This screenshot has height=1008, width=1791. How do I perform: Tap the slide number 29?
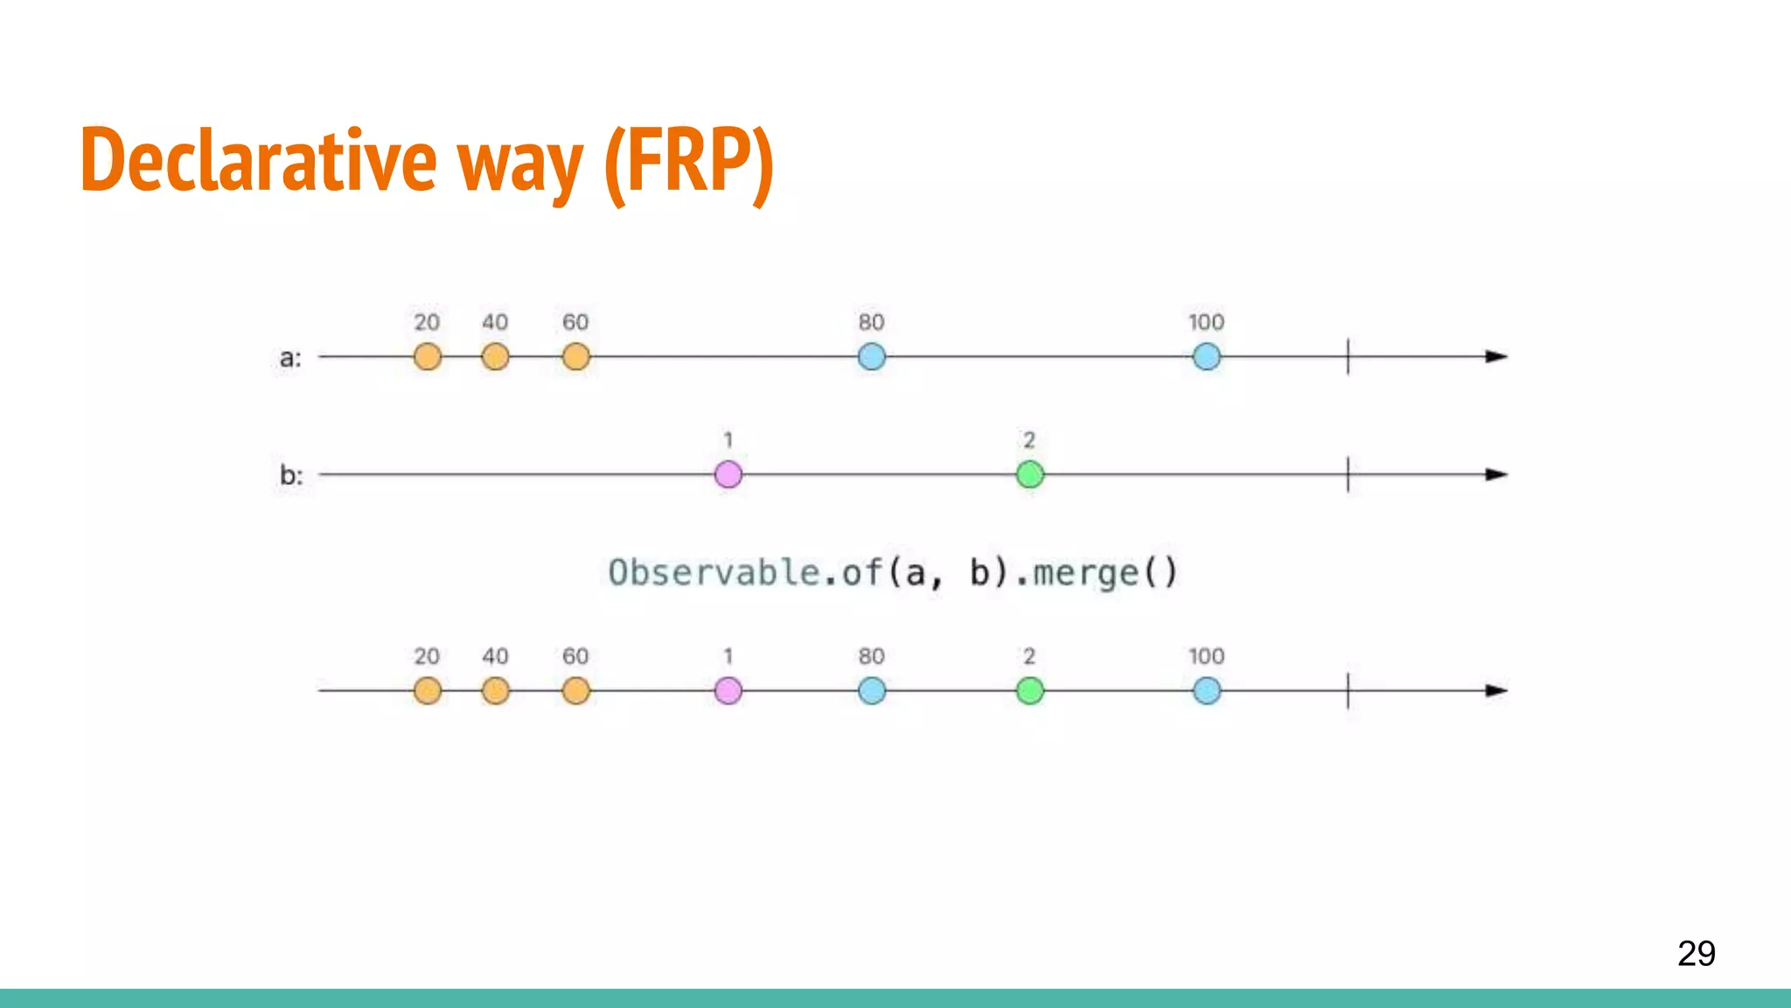pos(1696,953)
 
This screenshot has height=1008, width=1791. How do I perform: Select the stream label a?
pos(290,358)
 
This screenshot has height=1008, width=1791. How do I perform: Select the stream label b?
pos(291,475)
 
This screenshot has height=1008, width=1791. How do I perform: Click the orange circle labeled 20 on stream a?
pos(427,357)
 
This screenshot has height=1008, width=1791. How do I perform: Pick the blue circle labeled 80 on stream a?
pos(871,357)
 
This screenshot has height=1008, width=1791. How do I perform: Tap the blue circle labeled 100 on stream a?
pos(1206,357)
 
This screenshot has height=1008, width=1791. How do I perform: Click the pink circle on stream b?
pos(728,474)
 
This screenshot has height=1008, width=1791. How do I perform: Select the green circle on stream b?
pos(1029,474)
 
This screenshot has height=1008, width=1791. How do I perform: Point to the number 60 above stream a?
pos(575,322)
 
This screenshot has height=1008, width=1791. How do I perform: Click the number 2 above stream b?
pos(1029,439)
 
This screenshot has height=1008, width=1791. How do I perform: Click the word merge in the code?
pos(1086,573)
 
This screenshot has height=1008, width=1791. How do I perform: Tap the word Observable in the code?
pos(714,573)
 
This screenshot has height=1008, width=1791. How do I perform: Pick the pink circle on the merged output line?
pos(728,690)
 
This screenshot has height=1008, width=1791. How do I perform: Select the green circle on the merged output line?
pos(1029,690)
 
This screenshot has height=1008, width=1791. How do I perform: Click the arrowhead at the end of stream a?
pos(1496,357)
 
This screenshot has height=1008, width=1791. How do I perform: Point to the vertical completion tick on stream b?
pos(1348,474)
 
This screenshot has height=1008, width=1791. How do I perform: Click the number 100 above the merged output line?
pos(1206,656)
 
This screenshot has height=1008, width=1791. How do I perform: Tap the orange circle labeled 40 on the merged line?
pos(495,690)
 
